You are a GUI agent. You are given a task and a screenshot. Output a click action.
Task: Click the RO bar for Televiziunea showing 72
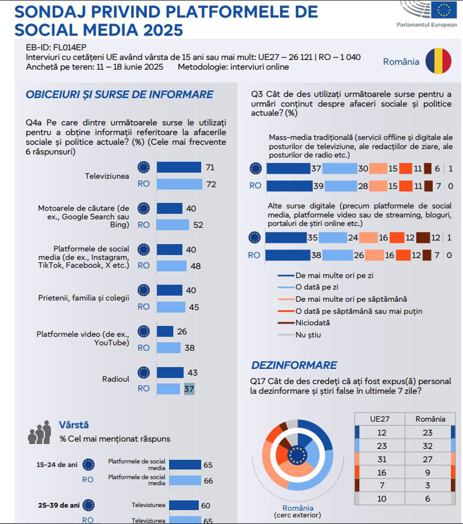[x=179, y=184]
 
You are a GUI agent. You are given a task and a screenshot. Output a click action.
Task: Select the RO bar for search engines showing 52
[x=173, y=225]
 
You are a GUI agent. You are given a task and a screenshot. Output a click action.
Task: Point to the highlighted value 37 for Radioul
[x=189, y=389]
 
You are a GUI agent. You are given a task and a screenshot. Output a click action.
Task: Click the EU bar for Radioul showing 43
[x=170, y=373]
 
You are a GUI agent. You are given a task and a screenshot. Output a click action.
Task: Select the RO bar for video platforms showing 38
[x=169, y=347]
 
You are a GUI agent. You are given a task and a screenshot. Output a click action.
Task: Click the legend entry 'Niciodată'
[x=313, y=322]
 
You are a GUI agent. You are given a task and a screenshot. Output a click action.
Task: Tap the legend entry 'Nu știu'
[x=309, y=334]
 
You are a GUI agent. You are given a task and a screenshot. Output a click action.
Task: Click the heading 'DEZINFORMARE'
[x=294, y=365]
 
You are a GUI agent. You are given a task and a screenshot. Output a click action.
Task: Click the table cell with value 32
[x=428, y=446]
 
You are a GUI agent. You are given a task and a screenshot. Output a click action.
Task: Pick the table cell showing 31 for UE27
[x=382, y=459]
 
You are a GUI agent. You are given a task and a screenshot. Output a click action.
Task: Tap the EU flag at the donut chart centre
[x=297, y=455]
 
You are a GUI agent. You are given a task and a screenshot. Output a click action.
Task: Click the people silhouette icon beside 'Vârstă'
[x=39, y=433]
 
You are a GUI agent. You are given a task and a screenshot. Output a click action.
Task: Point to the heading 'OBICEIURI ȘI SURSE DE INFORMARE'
[x=119, y=95]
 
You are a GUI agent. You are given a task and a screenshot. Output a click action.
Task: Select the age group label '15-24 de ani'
[x=57, y=465]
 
